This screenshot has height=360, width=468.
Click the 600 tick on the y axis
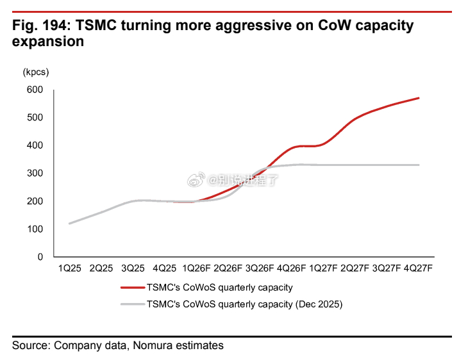coord(35,90)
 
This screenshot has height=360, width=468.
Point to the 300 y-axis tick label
coord(35,173)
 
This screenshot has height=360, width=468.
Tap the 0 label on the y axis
coord(40,257)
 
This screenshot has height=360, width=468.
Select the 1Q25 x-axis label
coord(69,268)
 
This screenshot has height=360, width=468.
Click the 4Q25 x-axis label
coord(165,268)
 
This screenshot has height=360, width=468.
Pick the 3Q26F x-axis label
coord(260,268)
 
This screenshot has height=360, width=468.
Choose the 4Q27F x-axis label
coord(418,268)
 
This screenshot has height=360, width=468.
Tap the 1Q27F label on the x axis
coord(323,268)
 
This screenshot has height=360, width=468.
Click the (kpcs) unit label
coord(36,72)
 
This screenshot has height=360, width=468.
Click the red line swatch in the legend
coord(133,288)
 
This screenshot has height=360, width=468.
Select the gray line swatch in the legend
coord(133,304)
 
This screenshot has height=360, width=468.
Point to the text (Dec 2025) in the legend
coord(319,304)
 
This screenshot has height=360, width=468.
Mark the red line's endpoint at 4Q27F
coord(419,98)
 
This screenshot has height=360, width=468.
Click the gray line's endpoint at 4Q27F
coord(419,165)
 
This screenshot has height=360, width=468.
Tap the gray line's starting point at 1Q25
coord(69,224)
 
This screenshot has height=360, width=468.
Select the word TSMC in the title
coord(96,26)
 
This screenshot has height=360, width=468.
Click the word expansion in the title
coord(48,42)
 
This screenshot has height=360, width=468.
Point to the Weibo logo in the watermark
coord(196,179)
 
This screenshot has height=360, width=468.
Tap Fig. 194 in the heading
coord(42,26)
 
